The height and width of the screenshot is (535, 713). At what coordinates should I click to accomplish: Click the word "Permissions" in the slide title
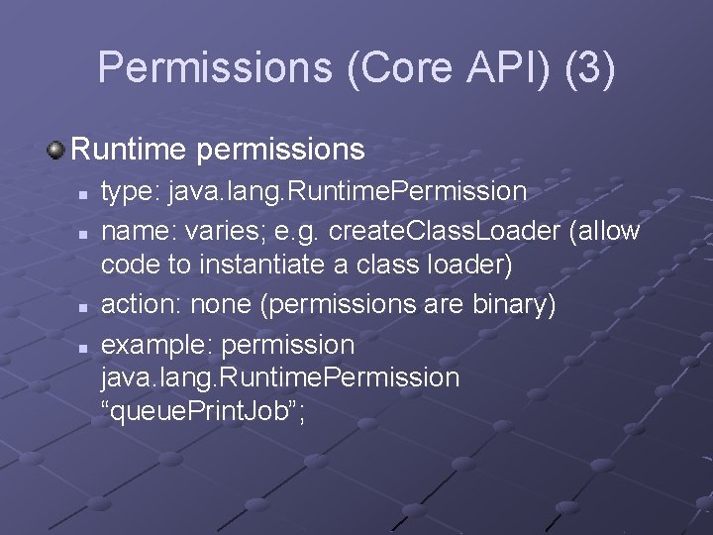[213, 67]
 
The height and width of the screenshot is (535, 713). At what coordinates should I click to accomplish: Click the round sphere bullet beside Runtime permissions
[55, 151]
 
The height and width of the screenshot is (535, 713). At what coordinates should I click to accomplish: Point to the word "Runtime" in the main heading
[129, 150]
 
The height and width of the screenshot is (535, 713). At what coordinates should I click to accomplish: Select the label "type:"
[132, 191]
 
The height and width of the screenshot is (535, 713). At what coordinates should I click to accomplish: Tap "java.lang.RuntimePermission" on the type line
[348, 191]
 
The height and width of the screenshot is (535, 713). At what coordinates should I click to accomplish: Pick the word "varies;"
[238, 231]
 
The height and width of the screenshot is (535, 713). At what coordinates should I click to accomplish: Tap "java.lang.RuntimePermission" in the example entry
[280, 377]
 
